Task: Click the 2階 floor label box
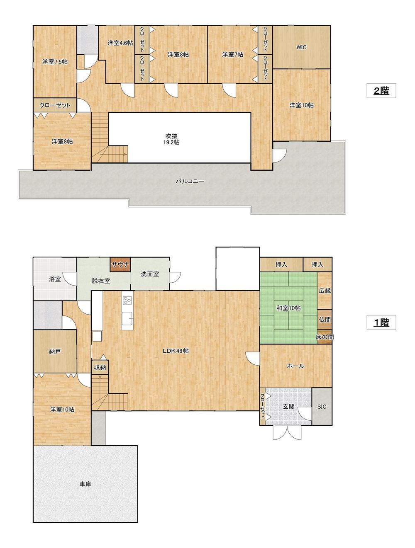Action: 381,90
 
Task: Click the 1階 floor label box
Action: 381,322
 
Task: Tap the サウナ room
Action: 120,264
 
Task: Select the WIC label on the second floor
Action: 301,47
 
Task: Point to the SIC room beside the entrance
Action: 322,407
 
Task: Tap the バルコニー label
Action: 190,181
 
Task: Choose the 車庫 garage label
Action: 85,484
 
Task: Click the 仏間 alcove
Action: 325,320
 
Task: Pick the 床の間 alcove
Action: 325,337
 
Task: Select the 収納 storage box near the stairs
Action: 100,367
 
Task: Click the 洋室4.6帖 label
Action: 120,43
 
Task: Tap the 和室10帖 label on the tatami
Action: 288,308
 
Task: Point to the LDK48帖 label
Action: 176,351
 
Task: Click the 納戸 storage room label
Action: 55,352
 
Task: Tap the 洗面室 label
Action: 150,274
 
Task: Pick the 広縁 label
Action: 325,291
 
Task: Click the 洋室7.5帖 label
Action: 55,62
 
